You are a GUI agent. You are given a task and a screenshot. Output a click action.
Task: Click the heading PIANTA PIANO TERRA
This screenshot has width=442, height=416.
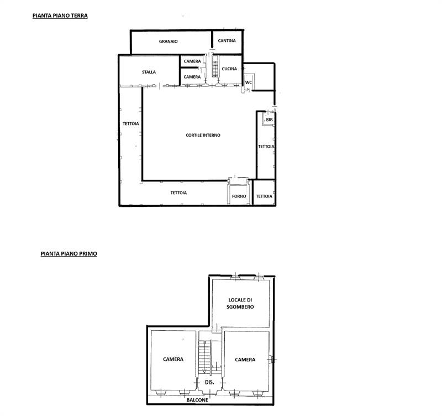pos(60,15)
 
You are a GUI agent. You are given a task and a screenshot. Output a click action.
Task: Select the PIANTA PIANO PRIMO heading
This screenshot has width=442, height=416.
pos(69,253)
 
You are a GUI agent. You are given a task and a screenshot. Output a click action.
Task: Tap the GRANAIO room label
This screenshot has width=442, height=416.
pos(169,41)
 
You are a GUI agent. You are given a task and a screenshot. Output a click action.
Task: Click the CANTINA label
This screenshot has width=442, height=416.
pos(227,40)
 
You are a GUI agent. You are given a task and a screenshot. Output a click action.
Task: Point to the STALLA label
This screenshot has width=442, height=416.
pos(149,72)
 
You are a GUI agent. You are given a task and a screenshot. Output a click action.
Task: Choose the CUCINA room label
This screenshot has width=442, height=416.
pos(229,69)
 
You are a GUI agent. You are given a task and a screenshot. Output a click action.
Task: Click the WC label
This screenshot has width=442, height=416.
pos(248,82)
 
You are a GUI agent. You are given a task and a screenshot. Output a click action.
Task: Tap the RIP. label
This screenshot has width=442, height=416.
pos(270,119)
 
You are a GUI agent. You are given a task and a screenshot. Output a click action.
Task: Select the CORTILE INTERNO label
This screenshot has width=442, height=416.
pos(203,135)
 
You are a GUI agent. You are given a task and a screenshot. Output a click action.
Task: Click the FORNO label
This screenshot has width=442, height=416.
pos(239,196)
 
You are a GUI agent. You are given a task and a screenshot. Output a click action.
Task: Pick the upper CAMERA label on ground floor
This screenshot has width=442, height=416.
pos(192,61)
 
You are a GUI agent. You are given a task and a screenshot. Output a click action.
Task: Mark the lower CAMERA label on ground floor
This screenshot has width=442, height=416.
pos(192,77)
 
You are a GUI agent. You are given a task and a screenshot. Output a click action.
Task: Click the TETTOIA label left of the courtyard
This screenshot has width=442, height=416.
pos(131,123)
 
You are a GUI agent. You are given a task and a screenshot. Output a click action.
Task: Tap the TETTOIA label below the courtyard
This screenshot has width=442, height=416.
pos(178,193)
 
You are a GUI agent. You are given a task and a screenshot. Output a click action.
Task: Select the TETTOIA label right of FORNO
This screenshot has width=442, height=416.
pos(264,196)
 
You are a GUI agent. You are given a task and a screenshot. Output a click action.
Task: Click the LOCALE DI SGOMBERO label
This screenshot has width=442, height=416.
pos(240,303)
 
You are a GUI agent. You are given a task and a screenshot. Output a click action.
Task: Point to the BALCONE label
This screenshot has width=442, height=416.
pos(197,400)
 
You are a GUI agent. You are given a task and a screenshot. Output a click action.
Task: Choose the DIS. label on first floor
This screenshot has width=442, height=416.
pos(209,382)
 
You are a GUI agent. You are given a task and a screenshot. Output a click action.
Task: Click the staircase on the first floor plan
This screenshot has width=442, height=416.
pos(204,356)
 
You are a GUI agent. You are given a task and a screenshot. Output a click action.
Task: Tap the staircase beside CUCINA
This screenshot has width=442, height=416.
pos(215,66)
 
